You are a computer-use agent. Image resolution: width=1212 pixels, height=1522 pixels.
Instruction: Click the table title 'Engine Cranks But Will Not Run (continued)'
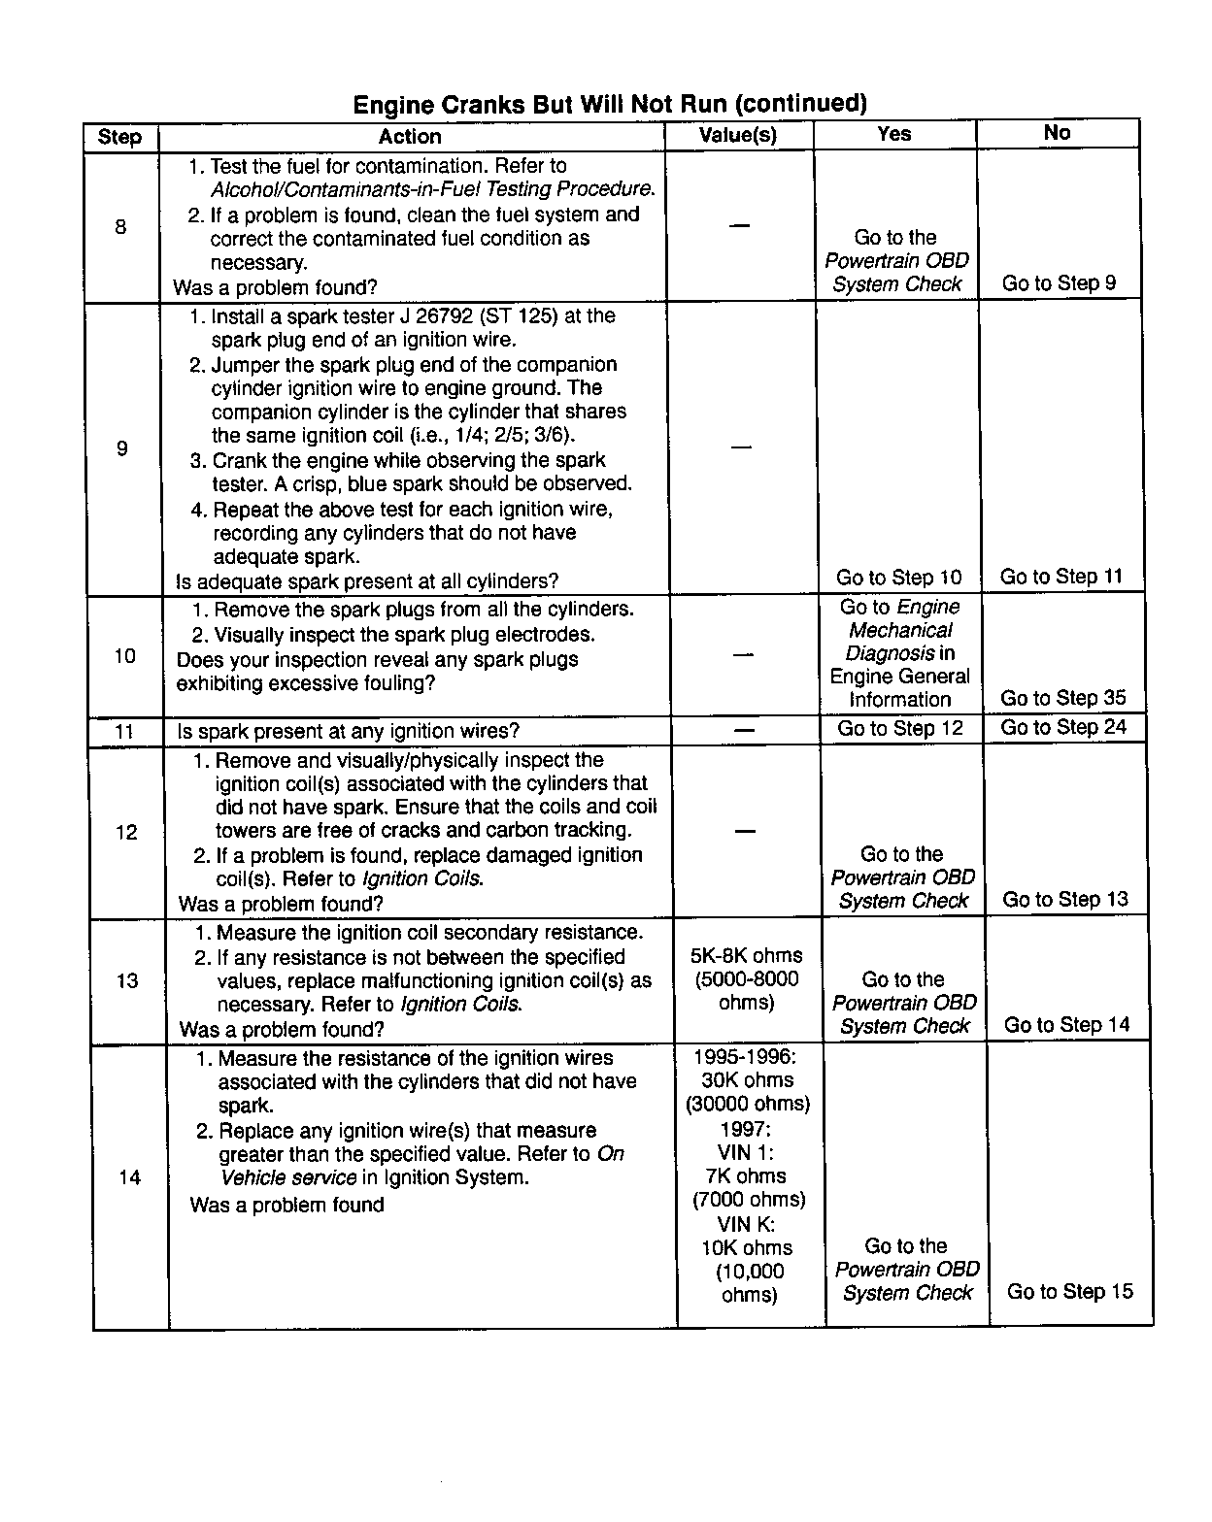pos(609,104)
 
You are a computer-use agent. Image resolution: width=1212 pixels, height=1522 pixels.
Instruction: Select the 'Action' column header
pos(410,137)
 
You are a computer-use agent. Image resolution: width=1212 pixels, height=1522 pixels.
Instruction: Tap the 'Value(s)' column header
pos(738,135)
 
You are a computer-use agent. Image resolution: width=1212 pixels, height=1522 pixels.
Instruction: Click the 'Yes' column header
pos(893,134)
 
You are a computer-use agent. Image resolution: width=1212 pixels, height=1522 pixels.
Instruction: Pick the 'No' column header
pos(1057,133)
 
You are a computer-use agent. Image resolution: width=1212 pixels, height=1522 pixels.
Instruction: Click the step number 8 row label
pos(120,227)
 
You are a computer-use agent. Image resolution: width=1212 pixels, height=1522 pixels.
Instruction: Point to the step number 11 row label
pos(124,731)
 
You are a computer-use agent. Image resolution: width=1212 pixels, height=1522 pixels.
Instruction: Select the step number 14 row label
pos(129,1177)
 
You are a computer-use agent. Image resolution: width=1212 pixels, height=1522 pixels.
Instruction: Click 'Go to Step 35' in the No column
pos(1063,698)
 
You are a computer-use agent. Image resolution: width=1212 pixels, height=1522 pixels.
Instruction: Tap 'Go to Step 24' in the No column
pos(1063,727)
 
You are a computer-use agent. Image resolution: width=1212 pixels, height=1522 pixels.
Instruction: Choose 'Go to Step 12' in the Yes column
pos(900,728)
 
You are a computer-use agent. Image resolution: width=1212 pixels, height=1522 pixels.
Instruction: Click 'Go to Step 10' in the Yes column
pos(898,578)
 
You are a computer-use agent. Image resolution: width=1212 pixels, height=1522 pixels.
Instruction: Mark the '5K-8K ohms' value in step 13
pos(746,955)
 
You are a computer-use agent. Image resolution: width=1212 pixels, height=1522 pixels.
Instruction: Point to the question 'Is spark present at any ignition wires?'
pos(348,731)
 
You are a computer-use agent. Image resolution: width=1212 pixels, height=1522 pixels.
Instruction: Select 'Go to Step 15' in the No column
pos(1069,1291)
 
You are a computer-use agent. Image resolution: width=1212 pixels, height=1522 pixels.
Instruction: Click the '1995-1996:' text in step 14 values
pos(745,1057)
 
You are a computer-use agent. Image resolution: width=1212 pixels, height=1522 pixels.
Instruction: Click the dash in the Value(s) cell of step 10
pos(743,655)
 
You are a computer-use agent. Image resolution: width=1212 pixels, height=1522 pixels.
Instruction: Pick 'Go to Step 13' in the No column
pos(1065,899)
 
